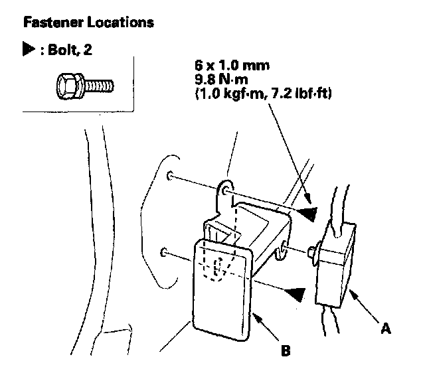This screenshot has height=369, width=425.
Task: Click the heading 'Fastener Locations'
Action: [88, 23]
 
